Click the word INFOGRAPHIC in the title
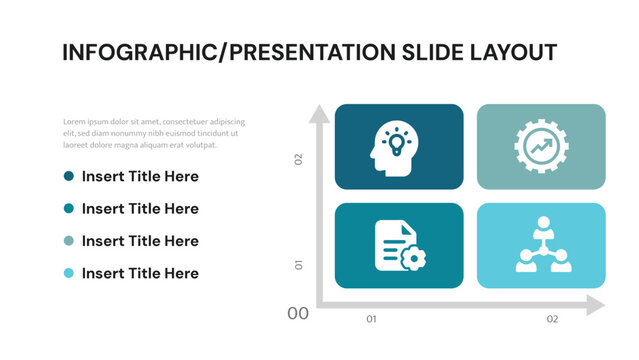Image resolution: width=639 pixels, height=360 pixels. (x=140, y=53)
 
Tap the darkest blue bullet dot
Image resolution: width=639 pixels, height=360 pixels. (x=69, y=176)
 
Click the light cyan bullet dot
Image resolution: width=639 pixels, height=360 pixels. (x=69, y=273)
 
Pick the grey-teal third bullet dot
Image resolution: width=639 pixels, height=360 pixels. (x=69, y=241)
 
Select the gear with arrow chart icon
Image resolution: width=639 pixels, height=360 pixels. (x=541, y=146)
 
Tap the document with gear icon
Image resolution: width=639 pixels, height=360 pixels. (x=399, y=245)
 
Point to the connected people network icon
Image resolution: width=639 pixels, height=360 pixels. (x=541, y=245)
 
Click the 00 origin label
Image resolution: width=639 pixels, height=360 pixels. (x=298, y=314)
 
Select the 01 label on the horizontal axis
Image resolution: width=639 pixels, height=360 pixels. (x=371, y=319)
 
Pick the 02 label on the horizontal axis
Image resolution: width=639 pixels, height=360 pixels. (x=552, y=319)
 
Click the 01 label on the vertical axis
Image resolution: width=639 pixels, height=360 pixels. (x=298, y=265)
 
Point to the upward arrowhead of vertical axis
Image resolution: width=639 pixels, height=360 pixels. (x=319, y=113)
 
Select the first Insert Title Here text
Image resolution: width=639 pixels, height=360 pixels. (x=140, y=177)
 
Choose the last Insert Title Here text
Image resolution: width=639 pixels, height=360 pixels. (x=140, y=273)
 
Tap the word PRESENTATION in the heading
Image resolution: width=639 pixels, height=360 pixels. (x=321, y=53)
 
